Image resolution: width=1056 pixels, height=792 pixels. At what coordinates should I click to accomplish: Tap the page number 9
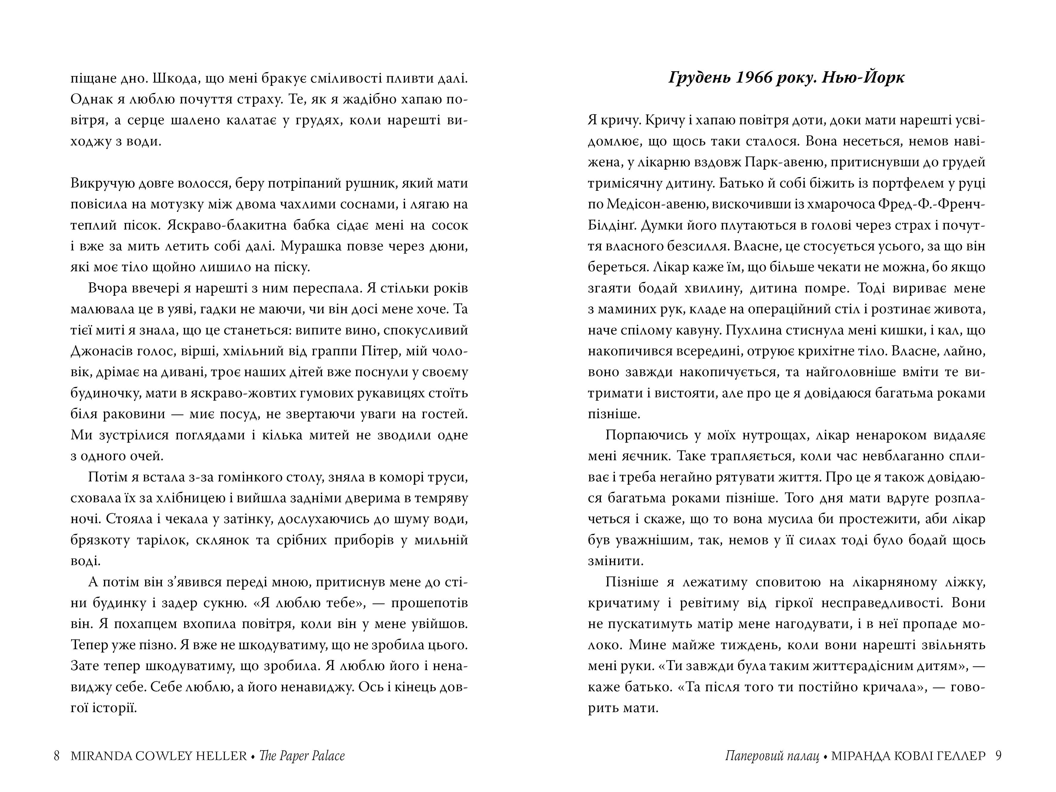pyautogui.click(x=998, y=756)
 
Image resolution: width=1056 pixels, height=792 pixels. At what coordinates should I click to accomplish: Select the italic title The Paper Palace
pyautogui.click(x=302, y=756)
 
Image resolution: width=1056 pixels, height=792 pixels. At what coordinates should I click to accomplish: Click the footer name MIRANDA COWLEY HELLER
pyautogui.click(x=159, y=756)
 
